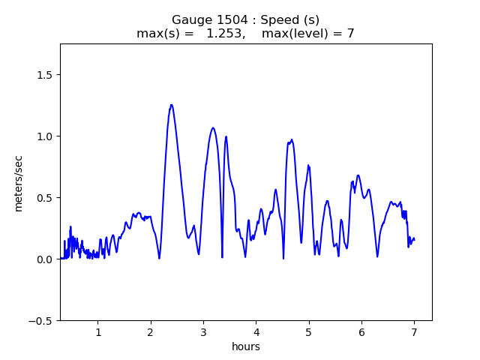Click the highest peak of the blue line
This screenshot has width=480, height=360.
tap(172, 105)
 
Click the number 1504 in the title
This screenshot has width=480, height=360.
tap(219, 20)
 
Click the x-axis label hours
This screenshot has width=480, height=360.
tap(246, 346)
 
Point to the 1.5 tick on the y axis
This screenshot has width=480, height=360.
tap(46, 75)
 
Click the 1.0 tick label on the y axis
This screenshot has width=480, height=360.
tap(46, 136)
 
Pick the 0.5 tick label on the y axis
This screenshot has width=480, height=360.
tap(46, 198)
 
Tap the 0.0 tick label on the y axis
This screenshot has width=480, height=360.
tap(46, 259)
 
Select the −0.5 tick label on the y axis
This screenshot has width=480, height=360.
tap(43, 321)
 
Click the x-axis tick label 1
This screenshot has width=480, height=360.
tap(97, 332)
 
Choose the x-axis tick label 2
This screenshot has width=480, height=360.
tap(150, 332)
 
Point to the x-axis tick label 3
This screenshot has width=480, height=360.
tap(203, 332)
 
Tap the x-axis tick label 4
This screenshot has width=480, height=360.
tap(256, 332)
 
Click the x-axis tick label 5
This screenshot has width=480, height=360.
tap(308, 332)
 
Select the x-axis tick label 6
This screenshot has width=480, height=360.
tap(361, 332)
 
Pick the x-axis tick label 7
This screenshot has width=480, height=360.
tap(414, 332)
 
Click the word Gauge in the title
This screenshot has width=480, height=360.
tap(187, 20)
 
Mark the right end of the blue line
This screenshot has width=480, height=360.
tap(414, 239)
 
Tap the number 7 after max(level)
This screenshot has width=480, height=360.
tap(350, 34)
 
